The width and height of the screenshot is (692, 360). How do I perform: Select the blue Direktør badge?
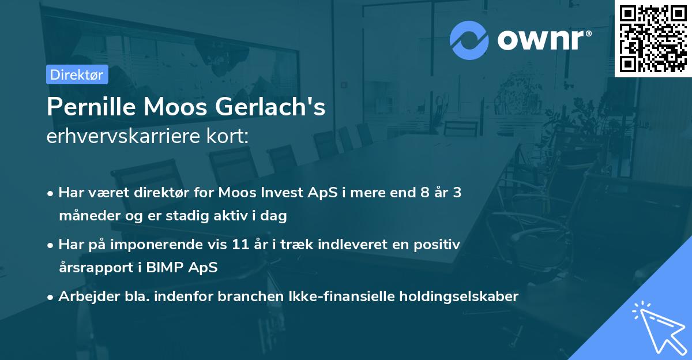[77, 74]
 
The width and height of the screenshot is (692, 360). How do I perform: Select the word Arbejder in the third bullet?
[84, 296]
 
